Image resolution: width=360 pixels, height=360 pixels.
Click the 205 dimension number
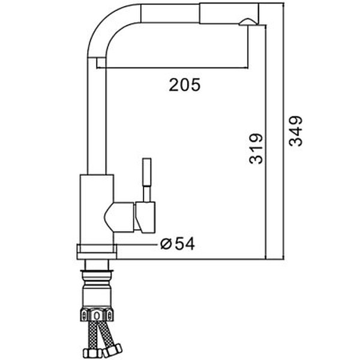(185, 85)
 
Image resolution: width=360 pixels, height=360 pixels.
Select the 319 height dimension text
(256, 149)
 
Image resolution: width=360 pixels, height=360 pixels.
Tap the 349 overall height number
(296, 131)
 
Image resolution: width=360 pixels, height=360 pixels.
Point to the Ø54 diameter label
(178, 244)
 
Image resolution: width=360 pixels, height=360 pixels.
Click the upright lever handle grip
(146, 172)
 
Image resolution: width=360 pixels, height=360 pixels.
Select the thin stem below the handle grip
(147, 194)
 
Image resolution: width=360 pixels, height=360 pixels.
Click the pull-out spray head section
(229, 13)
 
